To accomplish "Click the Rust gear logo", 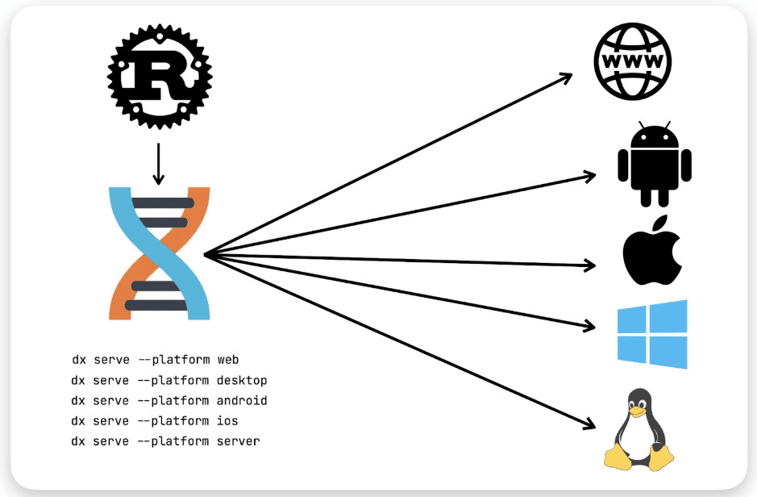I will coord(159,74).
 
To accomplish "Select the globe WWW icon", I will coord(631,61).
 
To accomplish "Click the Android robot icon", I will coord(654,165).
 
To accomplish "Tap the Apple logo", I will coord(652,255).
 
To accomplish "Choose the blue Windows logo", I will coord(652,334).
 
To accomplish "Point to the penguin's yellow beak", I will coord(638,411).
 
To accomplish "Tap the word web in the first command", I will coord(228,360).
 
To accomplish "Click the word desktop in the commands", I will coord(242,380).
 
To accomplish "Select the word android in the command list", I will coord(242,400).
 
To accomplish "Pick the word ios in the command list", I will coord(228,421).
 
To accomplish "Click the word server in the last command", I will coord(239,441).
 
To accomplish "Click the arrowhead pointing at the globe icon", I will coord(566,77).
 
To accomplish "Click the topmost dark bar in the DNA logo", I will coord(162,203).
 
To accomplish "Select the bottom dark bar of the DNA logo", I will coord(159,305).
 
